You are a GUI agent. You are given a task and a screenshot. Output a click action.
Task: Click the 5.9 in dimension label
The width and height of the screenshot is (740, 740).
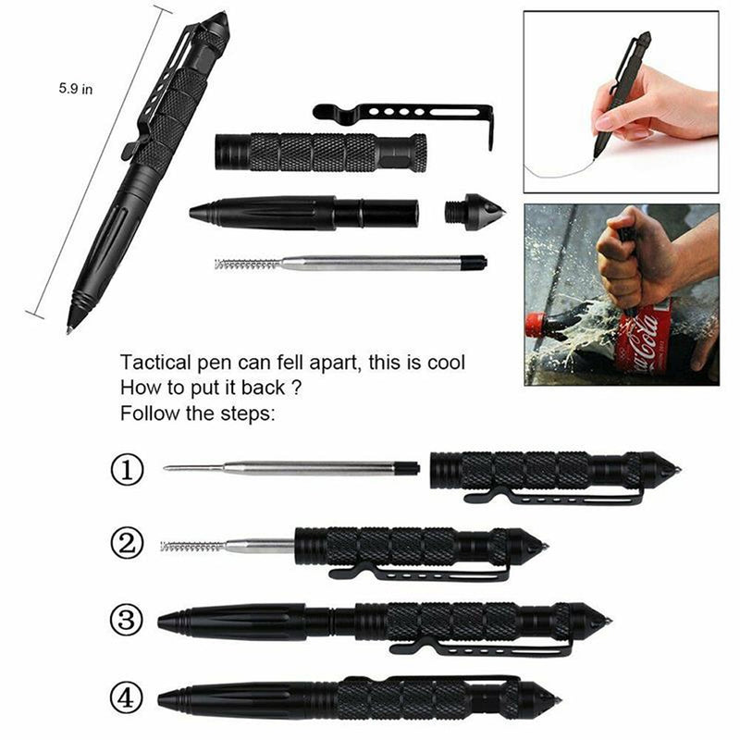click(x=75, y=90)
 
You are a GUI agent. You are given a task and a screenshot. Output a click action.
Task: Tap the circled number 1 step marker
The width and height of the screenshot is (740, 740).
click(x=127, y=470)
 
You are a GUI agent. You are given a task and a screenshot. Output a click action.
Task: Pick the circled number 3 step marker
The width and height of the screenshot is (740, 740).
click(x=127, y=620)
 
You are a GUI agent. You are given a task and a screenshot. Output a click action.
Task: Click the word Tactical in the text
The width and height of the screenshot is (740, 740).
click(x=154, y=363)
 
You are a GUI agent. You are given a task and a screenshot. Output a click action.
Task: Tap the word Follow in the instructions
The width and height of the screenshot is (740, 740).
click(x=147, y=413)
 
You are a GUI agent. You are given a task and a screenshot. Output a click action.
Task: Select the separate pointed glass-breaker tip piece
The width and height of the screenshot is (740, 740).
click(x=474, y=212)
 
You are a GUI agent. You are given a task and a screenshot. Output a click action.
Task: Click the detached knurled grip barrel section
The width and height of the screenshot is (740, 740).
click(x=319, y=152)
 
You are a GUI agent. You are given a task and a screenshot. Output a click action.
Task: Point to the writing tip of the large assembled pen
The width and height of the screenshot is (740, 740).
click(x=71, y=328)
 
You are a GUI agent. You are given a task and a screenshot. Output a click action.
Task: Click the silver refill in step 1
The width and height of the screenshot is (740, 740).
click(x=287, y=469)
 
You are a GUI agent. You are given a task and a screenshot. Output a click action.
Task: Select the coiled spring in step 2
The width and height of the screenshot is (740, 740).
click(x=191, y=547)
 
